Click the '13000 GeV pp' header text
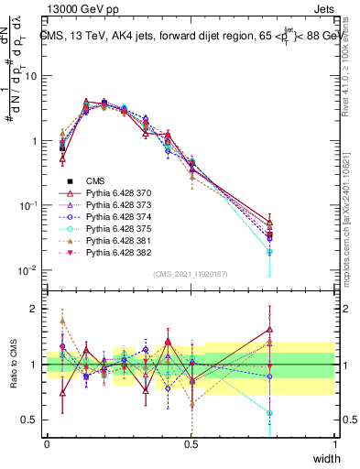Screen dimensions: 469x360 72,8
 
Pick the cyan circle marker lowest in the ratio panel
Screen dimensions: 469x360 321,413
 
